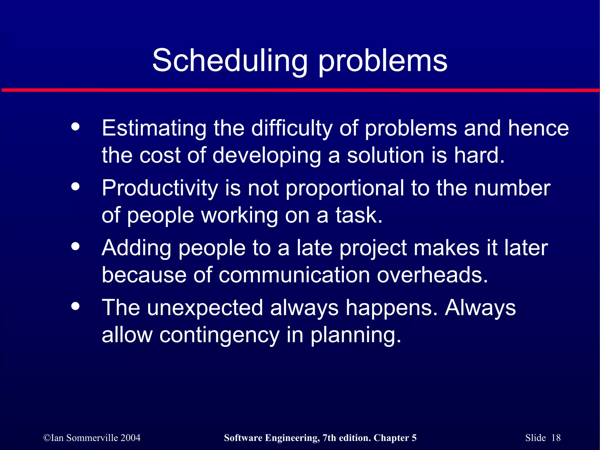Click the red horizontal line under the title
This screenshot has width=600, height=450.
point(300,90)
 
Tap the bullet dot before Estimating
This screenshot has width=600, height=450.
point(76,127)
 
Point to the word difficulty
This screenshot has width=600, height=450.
point(292,129)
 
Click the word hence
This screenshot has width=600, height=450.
point(538,129)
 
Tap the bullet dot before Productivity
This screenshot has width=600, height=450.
point(76,186)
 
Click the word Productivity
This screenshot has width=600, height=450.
point(160,188)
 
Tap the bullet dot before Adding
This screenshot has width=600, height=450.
point(76,246)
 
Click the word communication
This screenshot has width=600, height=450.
point(294,275)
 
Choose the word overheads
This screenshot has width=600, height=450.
point(432,275)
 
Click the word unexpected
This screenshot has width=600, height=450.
point(205,308)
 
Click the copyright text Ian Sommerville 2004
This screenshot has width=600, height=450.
point(92,438)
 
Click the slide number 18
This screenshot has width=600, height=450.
point(556,438)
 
